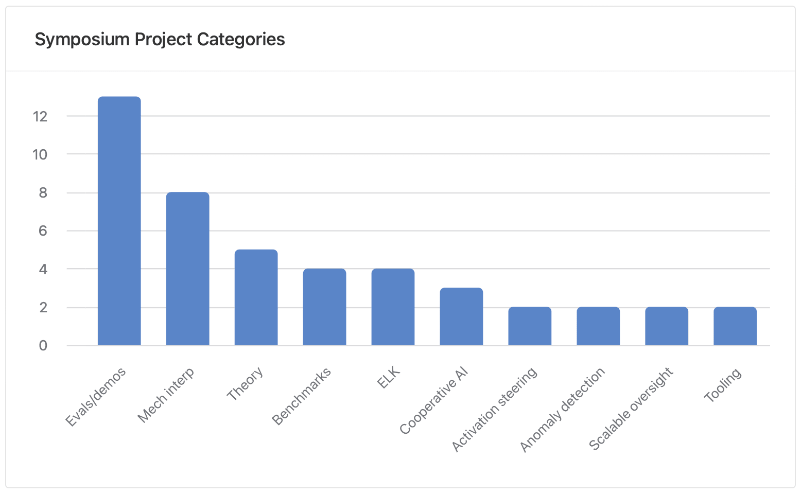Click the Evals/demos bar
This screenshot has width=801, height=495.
point(119,221)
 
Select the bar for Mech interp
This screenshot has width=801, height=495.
point(187,269)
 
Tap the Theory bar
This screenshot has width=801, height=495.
point(256,297)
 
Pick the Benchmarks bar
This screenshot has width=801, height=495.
point(324,307)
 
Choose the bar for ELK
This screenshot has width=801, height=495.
point(393,307)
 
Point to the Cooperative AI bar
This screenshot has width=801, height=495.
point(461,316)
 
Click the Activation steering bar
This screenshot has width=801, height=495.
point(530,326)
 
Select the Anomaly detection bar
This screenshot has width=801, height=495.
point(598,326)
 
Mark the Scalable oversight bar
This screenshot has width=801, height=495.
point(667,326)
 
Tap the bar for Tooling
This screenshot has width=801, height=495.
point(735,326)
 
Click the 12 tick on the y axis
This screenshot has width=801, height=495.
point(40,116)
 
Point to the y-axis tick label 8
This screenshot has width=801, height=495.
point(43,193)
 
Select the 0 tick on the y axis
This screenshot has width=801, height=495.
point(43,346)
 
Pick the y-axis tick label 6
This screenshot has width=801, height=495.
point(43,231)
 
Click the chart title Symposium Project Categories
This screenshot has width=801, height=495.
point(160,40)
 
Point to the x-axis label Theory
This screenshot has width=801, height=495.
point(246,383)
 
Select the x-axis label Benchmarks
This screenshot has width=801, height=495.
point(301,396)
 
